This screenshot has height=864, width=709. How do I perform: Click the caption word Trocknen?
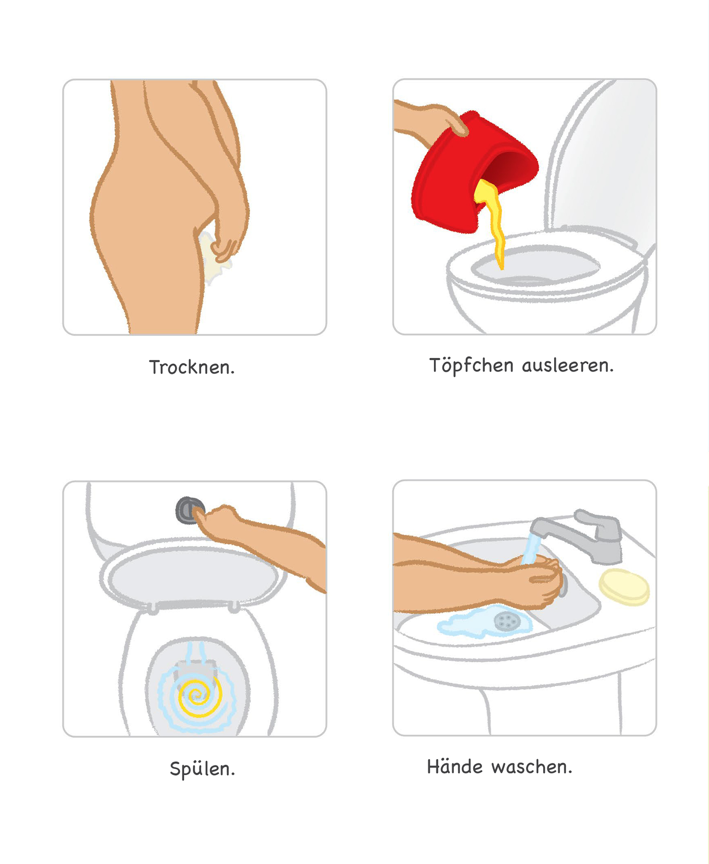(x=192, y=367)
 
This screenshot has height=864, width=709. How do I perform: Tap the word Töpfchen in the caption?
(x=471, y=366)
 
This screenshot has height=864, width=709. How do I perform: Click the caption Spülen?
(x=202, y=769)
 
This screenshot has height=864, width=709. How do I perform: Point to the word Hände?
(x=455, y=766)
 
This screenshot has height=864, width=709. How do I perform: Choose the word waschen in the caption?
(x=532, y=767)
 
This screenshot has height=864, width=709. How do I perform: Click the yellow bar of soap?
(x=624, y=587)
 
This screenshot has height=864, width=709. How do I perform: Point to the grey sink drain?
(x=507, y=621)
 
